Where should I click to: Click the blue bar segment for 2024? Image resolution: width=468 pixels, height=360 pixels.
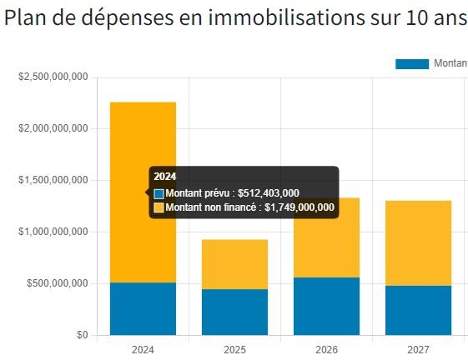pos(143,308)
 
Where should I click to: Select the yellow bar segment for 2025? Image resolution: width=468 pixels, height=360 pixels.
pos(234,264)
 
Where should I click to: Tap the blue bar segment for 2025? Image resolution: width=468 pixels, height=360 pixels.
pos(234,312)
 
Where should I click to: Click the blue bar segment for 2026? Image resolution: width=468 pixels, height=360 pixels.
pos(326,306)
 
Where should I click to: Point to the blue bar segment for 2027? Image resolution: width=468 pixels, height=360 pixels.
pos(418,310)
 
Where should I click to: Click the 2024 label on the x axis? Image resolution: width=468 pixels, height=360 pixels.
pos(143,350)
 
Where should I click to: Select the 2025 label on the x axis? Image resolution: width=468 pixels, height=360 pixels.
pos(234,350)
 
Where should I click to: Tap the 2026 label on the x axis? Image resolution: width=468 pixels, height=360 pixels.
pos(326,350)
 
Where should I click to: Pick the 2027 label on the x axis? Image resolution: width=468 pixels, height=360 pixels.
pos(418,350)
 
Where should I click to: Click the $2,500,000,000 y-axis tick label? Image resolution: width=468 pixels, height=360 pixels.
pos(53,77)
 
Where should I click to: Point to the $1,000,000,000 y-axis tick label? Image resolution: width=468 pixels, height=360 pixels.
pos(53,232)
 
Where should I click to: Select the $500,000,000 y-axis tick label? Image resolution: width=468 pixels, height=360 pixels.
pos(57,283)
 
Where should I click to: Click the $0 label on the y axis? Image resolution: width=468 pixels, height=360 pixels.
pos(81,335)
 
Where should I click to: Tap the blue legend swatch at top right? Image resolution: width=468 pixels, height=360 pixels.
pos(411,64)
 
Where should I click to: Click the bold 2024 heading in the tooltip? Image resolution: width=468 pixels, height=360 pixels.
pos(164,177)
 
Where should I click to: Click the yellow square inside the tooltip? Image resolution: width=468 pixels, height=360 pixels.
pos(159,207)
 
